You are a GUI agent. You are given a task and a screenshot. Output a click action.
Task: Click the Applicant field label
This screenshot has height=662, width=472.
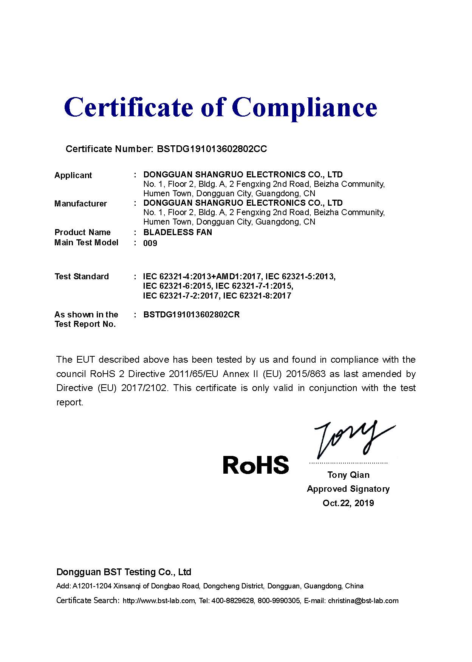pos(73,175)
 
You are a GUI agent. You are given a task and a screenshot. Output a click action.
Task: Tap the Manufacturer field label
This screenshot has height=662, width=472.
pos(80,203)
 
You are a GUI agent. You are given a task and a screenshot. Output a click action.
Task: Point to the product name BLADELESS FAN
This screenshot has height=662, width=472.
pos(178,232)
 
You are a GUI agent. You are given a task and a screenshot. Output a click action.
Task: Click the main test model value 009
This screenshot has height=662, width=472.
pos(150,243)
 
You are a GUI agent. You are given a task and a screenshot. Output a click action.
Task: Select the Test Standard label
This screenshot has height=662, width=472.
pos(82,276)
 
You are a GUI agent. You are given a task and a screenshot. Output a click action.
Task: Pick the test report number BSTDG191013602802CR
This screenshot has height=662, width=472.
pos(191,314)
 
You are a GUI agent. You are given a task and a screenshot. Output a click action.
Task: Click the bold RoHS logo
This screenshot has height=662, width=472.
pos(256,465)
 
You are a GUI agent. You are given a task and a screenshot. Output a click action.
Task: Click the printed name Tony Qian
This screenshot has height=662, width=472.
pos(348,475)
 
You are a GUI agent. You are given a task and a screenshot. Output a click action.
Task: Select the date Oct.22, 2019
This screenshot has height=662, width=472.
pos(348,503)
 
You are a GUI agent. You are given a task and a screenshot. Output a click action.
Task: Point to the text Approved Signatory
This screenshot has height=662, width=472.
pos(348,489)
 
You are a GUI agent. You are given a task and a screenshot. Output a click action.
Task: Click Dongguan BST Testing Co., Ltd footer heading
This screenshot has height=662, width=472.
pos(124,572)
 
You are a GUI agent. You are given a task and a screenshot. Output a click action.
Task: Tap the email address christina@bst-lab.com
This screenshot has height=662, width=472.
pos(363,600)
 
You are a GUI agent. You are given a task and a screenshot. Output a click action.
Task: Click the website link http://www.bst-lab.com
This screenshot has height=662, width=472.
pos(159,600)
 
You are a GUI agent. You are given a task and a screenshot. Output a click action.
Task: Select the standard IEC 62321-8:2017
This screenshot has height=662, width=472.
pos(257,296)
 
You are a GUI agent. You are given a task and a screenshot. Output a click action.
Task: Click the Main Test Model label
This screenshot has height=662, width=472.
pos(86,242)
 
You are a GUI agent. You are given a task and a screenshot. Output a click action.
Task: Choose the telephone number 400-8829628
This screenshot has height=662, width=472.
pos(232,600)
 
